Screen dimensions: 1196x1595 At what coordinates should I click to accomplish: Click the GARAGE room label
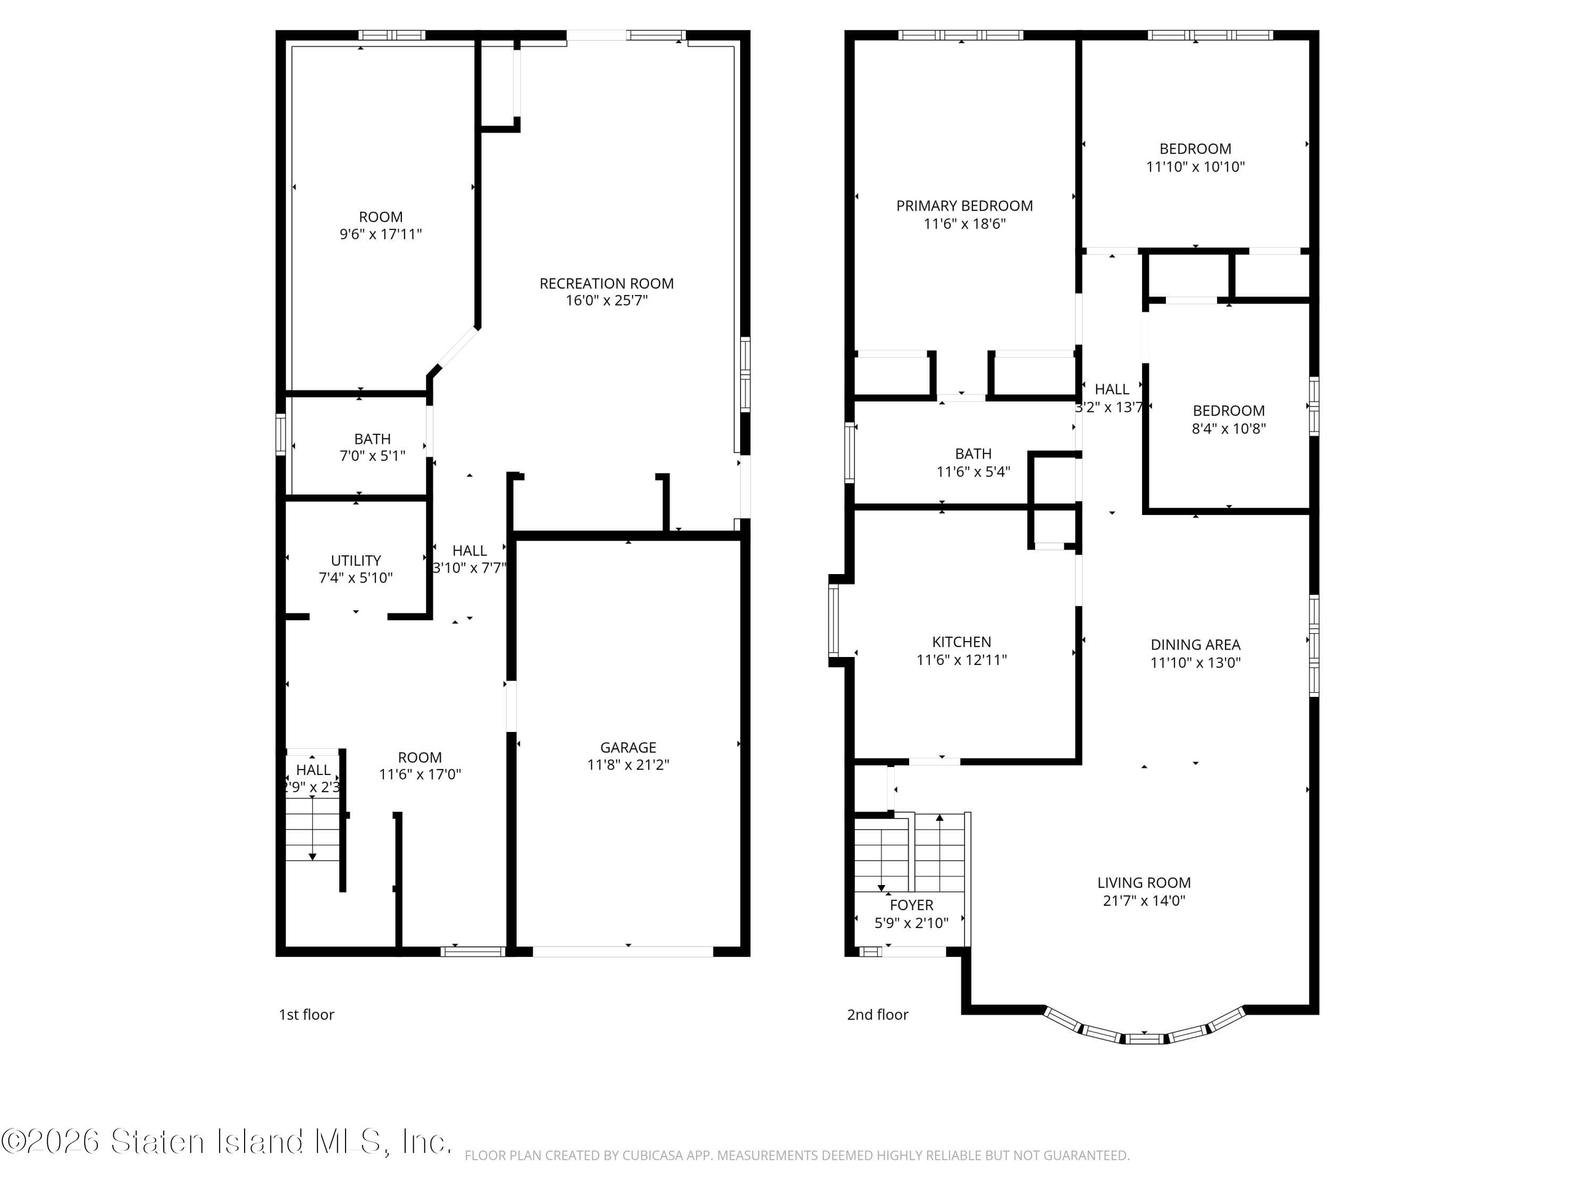point(627,747)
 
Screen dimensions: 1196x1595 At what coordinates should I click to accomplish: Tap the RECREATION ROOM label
point(607,283)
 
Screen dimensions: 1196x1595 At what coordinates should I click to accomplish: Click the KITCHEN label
point(961,642)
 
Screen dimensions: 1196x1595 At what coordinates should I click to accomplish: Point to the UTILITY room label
point(356,560)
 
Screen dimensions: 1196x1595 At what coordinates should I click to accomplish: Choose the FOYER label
point(911,905)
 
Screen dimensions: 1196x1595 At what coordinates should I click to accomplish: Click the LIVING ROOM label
point(1144,882)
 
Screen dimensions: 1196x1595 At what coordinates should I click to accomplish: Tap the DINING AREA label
point(1195,644)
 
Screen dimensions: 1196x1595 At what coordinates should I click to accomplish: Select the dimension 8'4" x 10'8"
point(1228,428)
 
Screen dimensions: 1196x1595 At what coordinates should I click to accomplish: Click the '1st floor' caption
point(306,1014)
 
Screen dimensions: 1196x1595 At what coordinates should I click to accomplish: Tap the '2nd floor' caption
point(877,1014)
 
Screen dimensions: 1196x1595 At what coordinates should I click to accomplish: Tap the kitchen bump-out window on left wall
point(834,620)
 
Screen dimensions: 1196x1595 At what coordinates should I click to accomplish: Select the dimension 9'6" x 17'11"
point(381,234)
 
